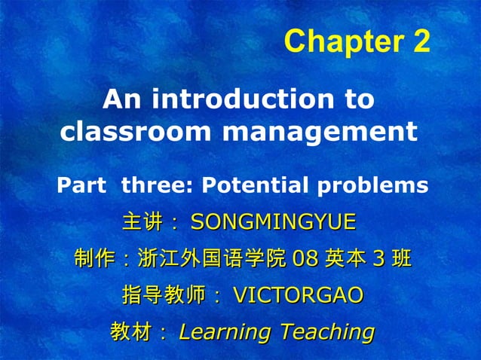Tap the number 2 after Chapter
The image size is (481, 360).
pyautogui.click(x=421, y=42)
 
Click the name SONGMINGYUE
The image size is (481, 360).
pyautogui.click(x=273, y=222)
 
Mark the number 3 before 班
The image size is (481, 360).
pyautogui.click(x=379, y=260)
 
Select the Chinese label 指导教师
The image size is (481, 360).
pyautogui.click(x=163, y=295)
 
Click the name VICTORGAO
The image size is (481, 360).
pyautogui.click(x=298, y=295)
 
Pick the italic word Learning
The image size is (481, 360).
pyautogui.click(x=225, y=331)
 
